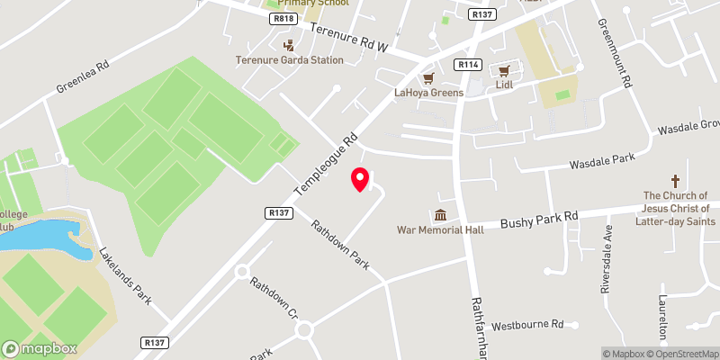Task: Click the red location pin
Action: [360, 178]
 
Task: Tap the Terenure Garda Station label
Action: [289, 60]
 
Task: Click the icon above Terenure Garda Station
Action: [288, 45]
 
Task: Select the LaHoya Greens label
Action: [428, 93]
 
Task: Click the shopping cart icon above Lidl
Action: [504, 69]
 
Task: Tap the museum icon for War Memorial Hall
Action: [440, 215]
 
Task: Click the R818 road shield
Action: [283, 18]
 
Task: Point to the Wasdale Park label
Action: [601, 161]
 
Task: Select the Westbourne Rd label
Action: [528, 323]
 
